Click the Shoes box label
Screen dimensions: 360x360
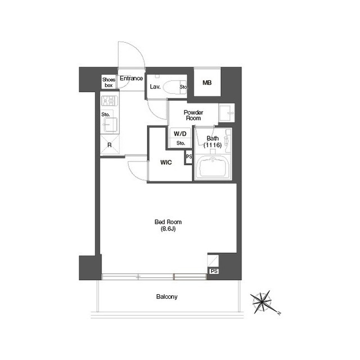tap(109, 83)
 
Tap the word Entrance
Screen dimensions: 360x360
tap(131, 78)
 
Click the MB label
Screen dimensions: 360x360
tap(207, 83)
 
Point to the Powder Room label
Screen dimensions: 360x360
tap(193, 115)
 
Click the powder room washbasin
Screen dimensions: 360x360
tap(226, 112)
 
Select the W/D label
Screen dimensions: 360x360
tap(180, 134)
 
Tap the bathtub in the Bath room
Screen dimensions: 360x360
tap(213, 166)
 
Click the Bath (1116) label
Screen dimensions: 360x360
tap(213, 142)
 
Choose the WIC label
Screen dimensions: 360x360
tap(166, 163)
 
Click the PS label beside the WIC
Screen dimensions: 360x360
tap(189, 156)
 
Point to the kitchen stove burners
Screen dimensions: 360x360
tap(110, 101)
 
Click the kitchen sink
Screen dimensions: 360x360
tap(110, 125)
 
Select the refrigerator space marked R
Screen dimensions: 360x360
tap(110, 145)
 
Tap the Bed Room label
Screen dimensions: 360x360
tap(168, 222)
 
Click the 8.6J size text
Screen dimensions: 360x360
tap(168, 229)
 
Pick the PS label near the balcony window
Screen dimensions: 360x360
tap(214, 271)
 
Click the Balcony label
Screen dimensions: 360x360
tap(167, 296)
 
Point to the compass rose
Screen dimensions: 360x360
tap(263, 302)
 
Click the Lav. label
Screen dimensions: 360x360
tap(155, 87)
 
